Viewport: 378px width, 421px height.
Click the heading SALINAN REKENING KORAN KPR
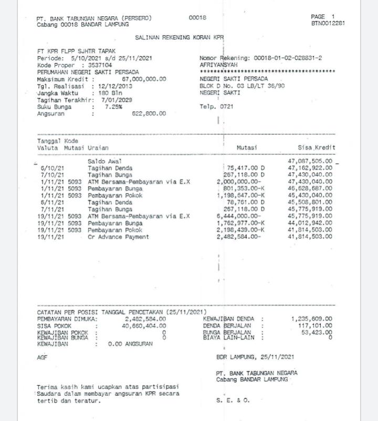pos(179,38)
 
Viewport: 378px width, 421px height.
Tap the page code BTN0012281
pos(328,23)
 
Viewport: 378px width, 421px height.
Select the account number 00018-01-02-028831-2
pos(288,58)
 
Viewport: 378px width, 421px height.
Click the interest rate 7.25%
pos(113,107)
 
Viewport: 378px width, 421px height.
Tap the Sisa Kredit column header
pos(316,148)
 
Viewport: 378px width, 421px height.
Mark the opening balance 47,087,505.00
pos(310,161)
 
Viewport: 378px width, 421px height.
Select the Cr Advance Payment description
pos(118,237)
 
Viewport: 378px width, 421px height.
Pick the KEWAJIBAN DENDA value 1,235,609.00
pos(311,319)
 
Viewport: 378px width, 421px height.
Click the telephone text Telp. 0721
pos(216,107)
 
